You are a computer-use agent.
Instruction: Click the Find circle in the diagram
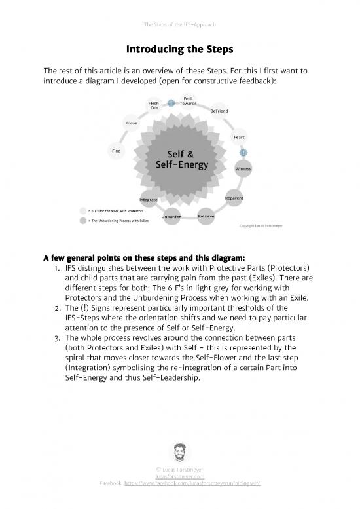[116, 152]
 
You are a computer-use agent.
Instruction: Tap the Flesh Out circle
[154, 105]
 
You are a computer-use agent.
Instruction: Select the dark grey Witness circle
[243, 169]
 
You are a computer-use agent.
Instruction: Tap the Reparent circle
[234, 198]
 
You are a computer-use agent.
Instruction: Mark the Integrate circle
[148, 198]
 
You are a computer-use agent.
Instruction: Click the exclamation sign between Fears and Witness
[243, 153]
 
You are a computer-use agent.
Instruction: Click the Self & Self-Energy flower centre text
[180, 159]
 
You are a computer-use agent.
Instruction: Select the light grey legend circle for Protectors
[82, 211]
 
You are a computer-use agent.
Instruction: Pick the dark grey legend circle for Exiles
[82, 221]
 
